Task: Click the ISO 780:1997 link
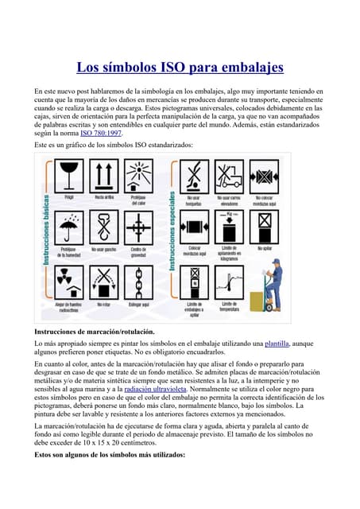click(101, 134)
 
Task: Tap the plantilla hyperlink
click(277, 343)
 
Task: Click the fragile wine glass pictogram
click(68, 173)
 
